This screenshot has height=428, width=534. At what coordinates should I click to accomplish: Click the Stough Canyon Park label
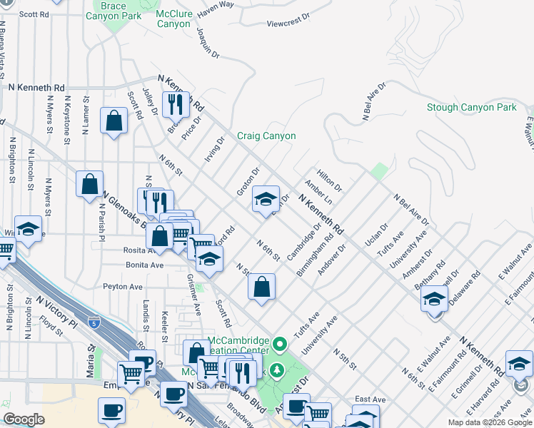[x=470, y=107]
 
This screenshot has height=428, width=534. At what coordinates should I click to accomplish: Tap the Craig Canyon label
[x=266, y=136]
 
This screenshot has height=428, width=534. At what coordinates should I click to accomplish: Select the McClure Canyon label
[x=173, y=18]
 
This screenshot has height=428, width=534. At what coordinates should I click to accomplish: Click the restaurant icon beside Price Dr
[x=175, y=104]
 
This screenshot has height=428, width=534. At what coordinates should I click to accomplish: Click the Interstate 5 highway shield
[x=94, y=323]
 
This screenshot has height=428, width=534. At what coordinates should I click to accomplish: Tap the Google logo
[x=24, y=419]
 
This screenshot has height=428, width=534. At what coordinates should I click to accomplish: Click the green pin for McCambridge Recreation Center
[x=280, y=345]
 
